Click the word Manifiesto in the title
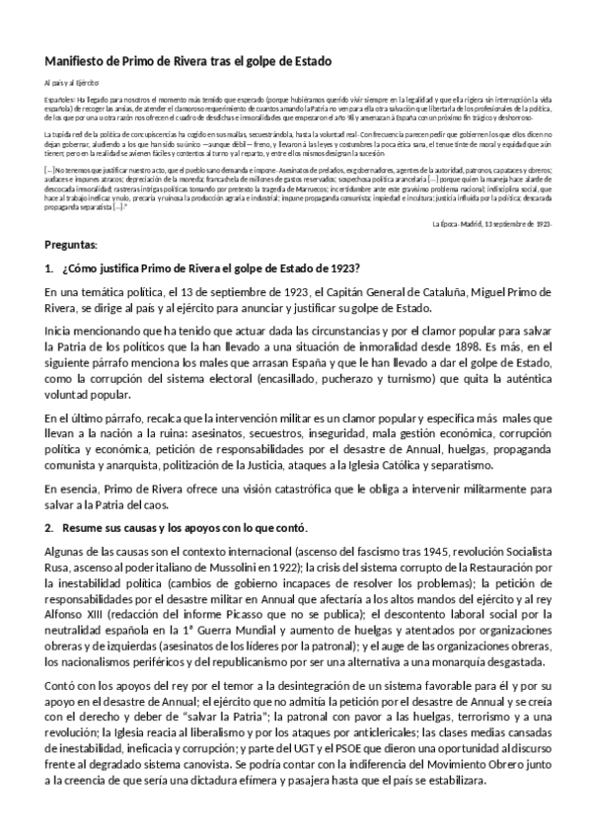[80, 61]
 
